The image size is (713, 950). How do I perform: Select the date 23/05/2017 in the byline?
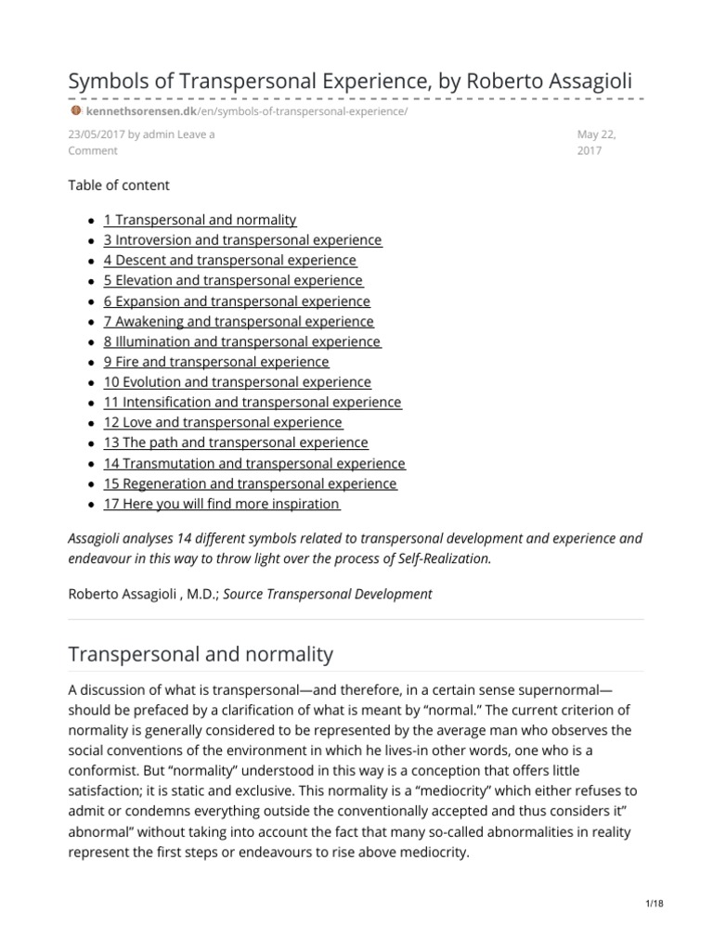[96, 135]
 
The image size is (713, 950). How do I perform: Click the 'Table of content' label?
[119, 185]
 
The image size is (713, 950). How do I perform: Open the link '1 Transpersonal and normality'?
[200, 220]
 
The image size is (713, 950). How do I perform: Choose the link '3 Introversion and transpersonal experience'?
[241, 240]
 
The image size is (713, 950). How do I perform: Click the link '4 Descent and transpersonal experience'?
[229, 261]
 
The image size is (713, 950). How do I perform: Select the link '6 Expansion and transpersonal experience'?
[236, 302]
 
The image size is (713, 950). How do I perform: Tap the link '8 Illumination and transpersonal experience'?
[241, 341]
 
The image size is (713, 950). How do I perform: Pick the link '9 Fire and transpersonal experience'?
[215, 362]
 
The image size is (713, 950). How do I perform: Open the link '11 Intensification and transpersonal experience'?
[252, 403]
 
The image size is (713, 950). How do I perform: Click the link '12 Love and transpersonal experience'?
[223, 423]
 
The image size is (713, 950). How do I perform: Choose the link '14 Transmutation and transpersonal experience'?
[253, 463]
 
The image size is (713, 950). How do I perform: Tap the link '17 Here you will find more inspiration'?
[221, 504]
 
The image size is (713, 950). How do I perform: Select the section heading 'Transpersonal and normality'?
[201, 654]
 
